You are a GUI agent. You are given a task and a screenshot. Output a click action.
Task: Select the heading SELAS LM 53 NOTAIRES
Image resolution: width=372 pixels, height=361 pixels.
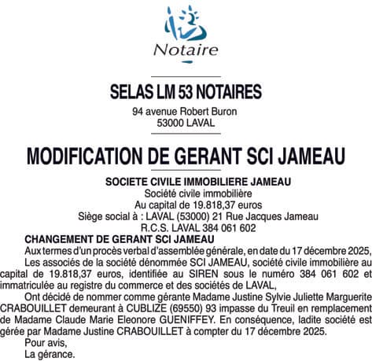click(186, 92)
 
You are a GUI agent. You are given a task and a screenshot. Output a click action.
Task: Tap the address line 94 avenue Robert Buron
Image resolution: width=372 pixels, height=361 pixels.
click(186, 112)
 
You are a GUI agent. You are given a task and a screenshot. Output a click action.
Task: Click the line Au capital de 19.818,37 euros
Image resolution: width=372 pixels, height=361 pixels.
click(186, 204)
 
